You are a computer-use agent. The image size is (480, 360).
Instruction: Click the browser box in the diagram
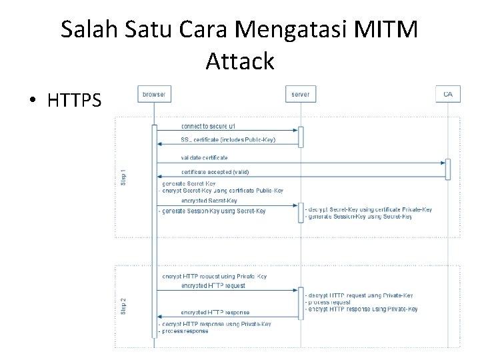point(153,94)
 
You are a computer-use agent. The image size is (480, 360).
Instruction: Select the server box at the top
point(300,94)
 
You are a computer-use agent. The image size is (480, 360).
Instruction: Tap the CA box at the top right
point(447,94)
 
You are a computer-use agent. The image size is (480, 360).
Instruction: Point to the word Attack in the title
point(240,61)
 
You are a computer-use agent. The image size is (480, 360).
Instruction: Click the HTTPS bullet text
point(75,101)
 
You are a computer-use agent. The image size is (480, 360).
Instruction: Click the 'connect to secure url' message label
point(207,126)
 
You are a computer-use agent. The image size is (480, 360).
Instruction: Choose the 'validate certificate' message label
point(204,158)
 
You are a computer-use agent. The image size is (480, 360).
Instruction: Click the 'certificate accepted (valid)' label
point(215,172)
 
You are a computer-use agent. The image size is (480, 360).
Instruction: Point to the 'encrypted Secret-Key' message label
point(209,201)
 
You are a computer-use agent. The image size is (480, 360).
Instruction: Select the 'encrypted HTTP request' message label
point(213,286)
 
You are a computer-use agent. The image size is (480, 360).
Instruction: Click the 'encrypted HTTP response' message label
point(215,313)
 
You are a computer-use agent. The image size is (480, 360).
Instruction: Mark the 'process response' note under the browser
point(184,331)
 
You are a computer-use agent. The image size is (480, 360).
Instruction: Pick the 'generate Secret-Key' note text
point(189,183)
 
